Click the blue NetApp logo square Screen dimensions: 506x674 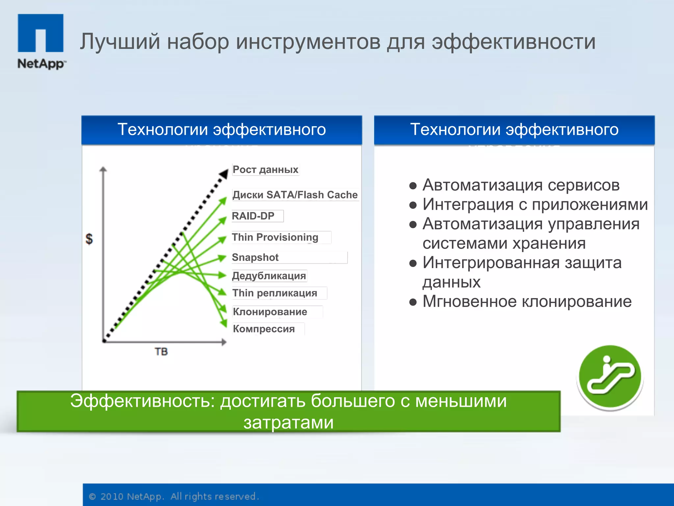click(x=40, y=33)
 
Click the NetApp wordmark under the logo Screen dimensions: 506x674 click(x=41, y=64)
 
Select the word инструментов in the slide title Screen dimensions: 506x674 click(x=308, y=42)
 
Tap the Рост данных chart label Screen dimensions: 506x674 click(x=265, y=170)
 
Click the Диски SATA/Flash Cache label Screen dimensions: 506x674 click(x=295, y=195)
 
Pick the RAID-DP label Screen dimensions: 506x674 click(x=253, y=216)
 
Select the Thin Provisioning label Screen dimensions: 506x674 click(x=275, y=237)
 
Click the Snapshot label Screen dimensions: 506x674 click(x=255, y=257)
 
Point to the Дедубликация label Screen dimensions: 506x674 click(x=269, y=276)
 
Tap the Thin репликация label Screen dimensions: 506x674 click(x=274, y=293)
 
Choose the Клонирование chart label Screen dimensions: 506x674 click(x=270, y=312)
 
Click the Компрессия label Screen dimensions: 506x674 click(x=264, y=329)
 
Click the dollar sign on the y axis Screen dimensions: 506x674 click(x=89, y=239)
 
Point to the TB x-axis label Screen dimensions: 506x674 click(x=161, y=352)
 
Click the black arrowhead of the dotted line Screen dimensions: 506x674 click(x=224, y=174)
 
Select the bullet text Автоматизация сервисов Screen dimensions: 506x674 click(x=521, y=185)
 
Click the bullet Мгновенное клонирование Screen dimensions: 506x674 click(x=527, y=301)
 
